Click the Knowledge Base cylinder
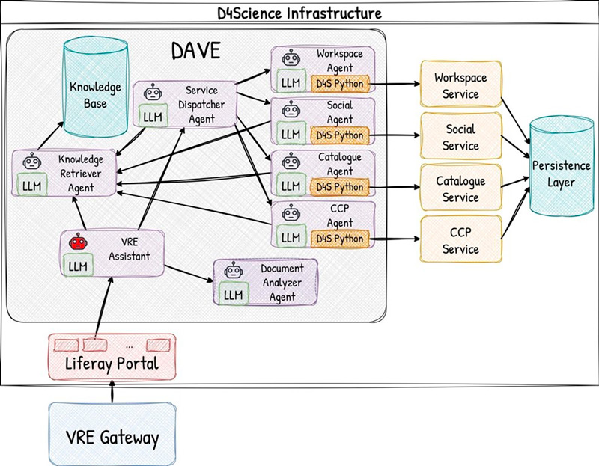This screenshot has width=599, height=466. point(94,82)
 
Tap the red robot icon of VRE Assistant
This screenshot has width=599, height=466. point(77,242)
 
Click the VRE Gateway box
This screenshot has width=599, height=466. point(113,436)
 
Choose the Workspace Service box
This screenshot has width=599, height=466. point(460,86)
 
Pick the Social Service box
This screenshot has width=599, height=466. point(460,138)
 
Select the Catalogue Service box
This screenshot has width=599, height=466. point(460,189)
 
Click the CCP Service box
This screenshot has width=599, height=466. point(460,240)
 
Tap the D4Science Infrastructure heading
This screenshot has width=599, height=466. point(299,13)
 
